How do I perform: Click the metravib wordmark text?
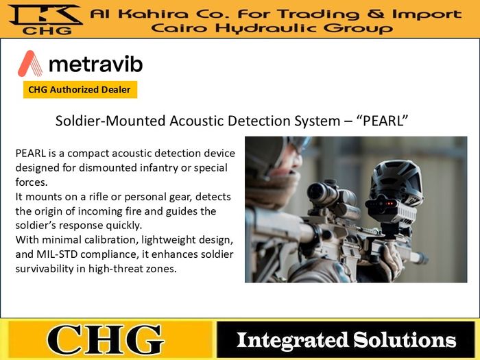pos(96,64)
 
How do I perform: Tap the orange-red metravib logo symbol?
pos(30,64)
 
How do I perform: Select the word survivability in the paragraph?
pos(47,269)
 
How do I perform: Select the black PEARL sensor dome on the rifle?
pos(393,182)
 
